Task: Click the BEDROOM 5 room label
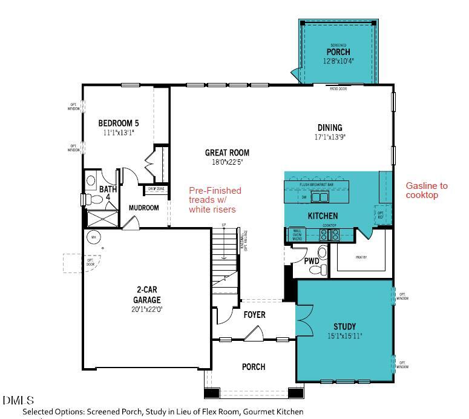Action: pyautogui.click(x=119, y=123)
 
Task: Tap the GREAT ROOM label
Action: pyautogui.click(x=227, y=153)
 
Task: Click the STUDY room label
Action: pyautogui.click(x=344, y=326)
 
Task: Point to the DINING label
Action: pyautogui.click(x=330, y=128)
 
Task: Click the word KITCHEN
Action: pyautogui.click(x=323, y=216)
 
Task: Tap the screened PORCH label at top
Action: pyautogui.click(x=338, y=52)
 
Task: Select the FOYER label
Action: pyautogui.click(x=254, y=315)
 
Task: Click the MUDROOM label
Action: pyautogui.click(x=144, y=208)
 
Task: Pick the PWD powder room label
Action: pyautogui.click(x=312, y=262)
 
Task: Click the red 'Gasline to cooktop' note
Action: pyautogui.click(x=427, y=191)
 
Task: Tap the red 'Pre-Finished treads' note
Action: pyautogui.click(x=215, y=199)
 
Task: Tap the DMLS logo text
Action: pyautogui.click(x=18, y=400)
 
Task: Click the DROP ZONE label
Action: pyautogui.click(x=156, y=189)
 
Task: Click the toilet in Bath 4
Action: pyautogui.click(x=91, y=180)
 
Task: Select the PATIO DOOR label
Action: pyautogui.click(x=338, y=88)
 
